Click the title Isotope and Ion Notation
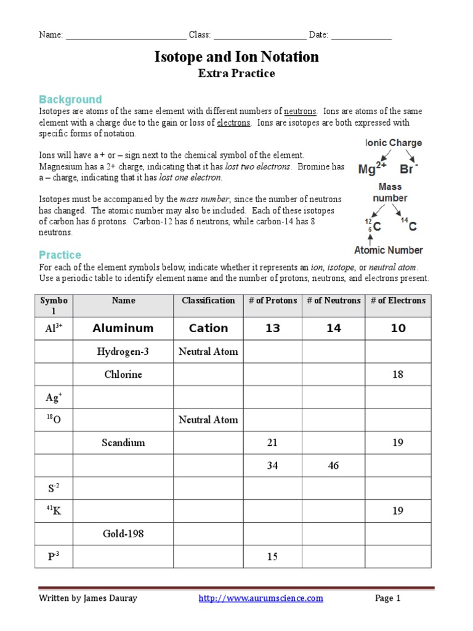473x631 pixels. point(236,57)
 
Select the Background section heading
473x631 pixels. point(70,99)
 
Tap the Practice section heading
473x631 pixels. point(60,254)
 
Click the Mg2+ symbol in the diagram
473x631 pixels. point(373,169)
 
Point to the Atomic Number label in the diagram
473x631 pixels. point(388,250)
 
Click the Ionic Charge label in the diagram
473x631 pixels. point(394,143)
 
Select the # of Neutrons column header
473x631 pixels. point(333,301)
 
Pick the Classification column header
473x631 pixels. point(208,301)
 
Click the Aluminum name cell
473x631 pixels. point(123,328)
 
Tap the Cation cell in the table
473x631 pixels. point(208,328)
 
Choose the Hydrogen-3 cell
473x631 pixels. point(123,352)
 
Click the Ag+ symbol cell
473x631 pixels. point(52,397)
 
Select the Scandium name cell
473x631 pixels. point(123,442)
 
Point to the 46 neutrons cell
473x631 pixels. point(333,466)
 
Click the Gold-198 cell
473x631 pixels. point(123,534)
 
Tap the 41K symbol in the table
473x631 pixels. point(52,511)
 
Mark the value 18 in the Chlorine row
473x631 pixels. point(398,375)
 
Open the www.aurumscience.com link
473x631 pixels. point(261,598)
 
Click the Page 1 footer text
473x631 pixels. point(388,598)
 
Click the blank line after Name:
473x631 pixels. point(126,35)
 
